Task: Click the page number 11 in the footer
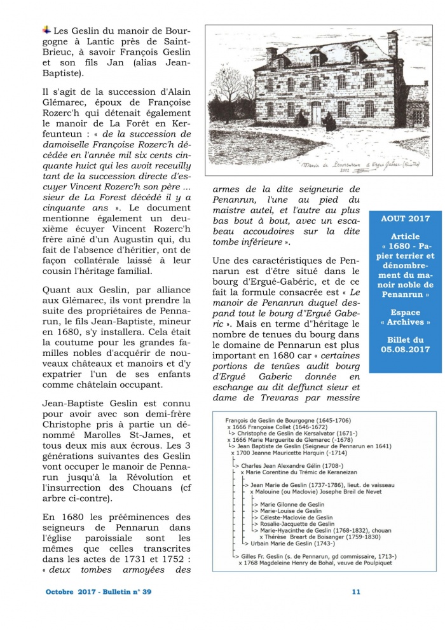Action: [x=356, y=592]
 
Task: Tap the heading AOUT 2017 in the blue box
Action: [x=406, y=218]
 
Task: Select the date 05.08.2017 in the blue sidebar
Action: [x=406, y=349]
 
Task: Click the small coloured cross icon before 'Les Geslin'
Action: [x=46, y=29]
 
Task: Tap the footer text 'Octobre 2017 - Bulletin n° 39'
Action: [x=99, y=592]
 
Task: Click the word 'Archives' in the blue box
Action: [x=406, y=322]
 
